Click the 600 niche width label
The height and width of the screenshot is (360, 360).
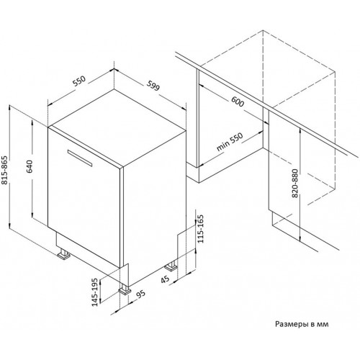pos(236,104)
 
